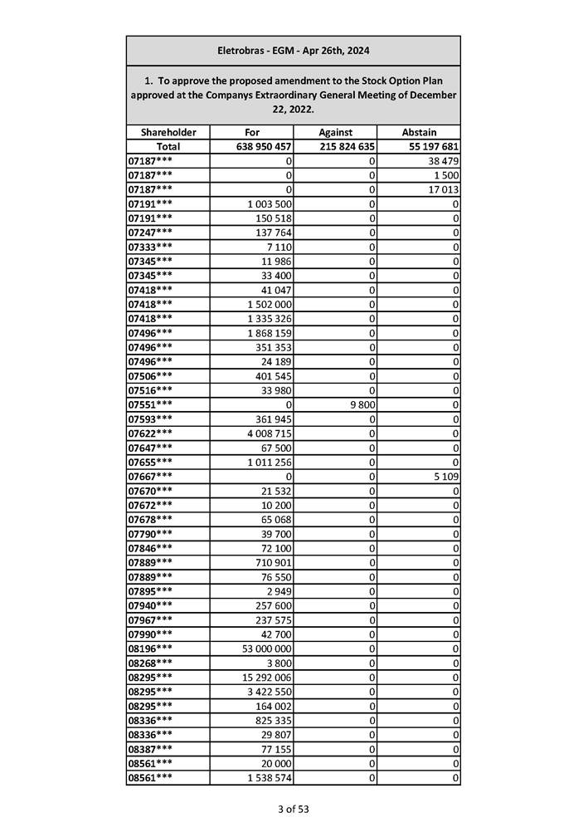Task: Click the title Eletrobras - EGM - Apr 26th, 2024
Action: tap(293, 51)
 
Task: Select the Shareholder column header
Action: tap(168, 132)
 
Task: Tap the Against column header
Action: tap(335, 132)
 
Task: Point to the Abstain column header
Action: tap(419, 132)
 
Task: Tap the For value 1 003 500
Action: tap(269, 203)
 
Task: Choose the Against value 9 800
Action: tap(362, 404)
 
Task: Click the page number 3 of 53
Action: tap(294, 809)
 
